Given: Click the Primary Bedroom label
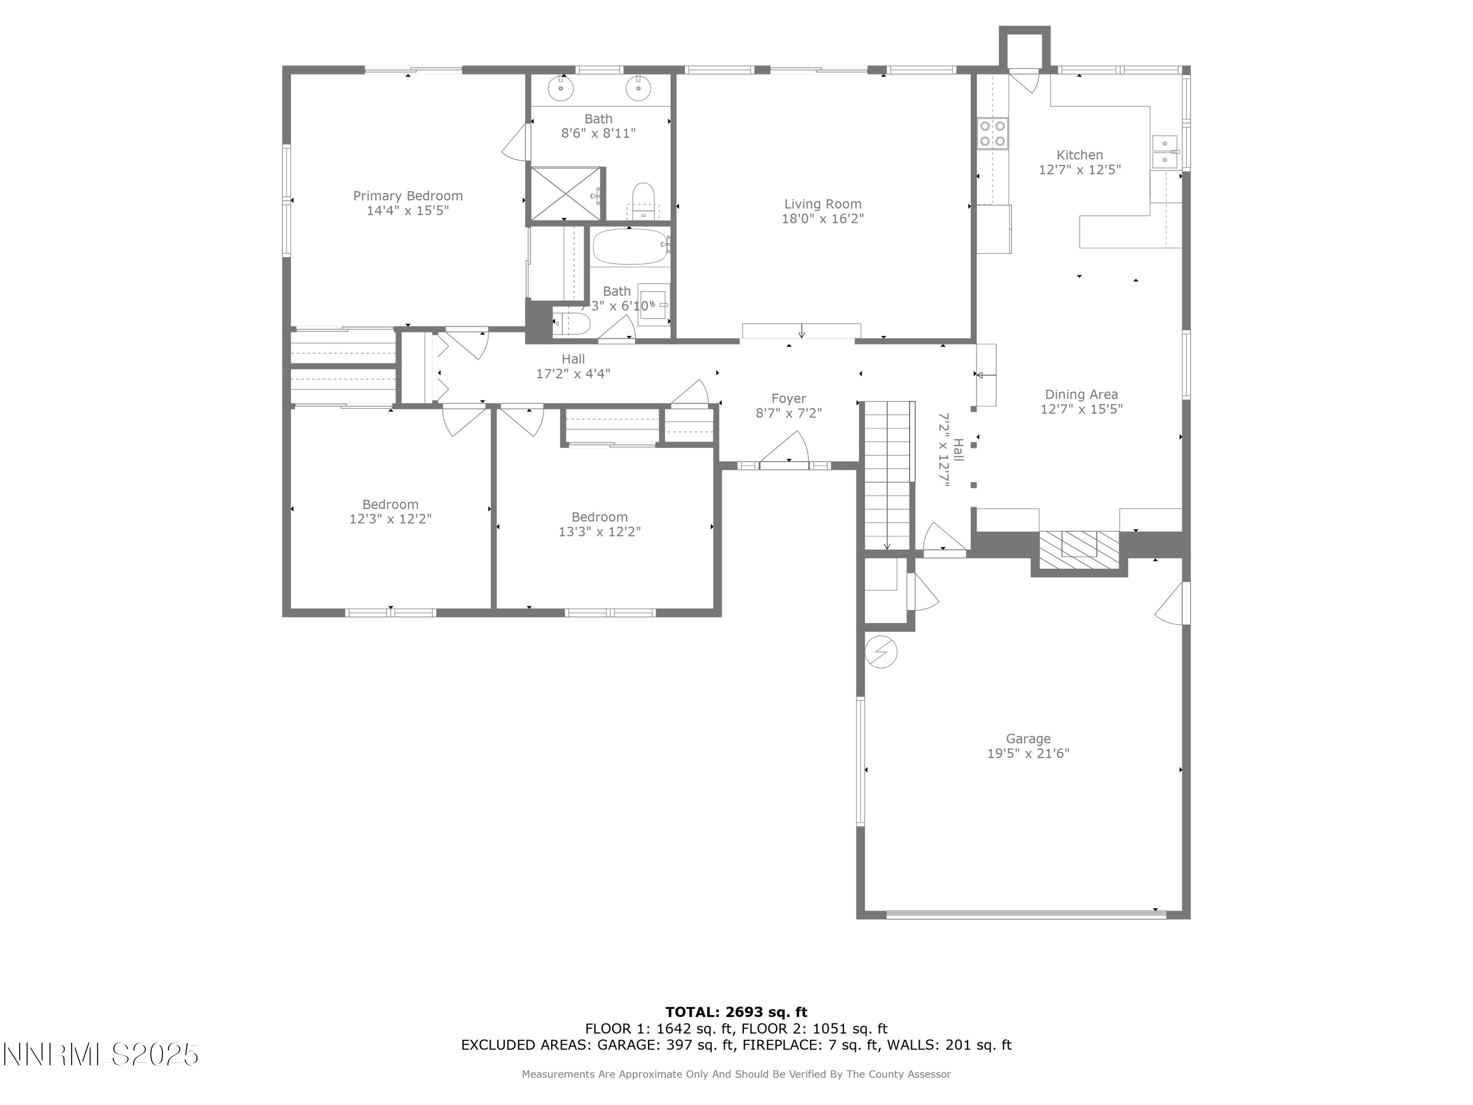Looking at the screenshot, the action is coord(408,196).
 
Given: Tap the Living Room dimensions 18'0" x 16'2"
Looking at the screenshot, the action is coord(822,219).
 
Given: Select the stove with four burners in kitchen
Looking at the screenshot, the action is coord(992,133).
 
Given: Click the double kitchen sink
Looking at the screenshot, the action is coord(1165,152).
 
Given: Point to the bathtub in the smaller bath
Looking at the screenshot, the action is coord(630,247).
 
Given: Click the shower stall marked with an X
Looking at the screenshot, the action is coord(565,193).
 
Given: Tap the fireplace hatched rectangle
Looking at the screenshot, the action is coord(1079,550).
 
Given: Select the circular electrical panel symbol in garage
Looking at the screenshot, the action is coord(880,652).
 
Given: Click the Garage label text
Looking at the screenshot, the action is coord(1028,739).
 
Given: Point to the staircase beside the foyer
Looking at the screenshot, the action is coord(888,475).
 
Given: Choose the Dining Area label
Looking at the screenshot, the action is coord(1082,394).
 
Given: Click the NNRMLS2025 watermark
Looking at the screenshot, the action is coord(101,1054).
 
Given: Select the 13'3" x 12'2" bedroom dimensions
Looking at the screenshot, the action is coord(600,531).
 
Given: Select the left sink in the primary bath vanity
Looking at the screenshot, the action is coord(561,88).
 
